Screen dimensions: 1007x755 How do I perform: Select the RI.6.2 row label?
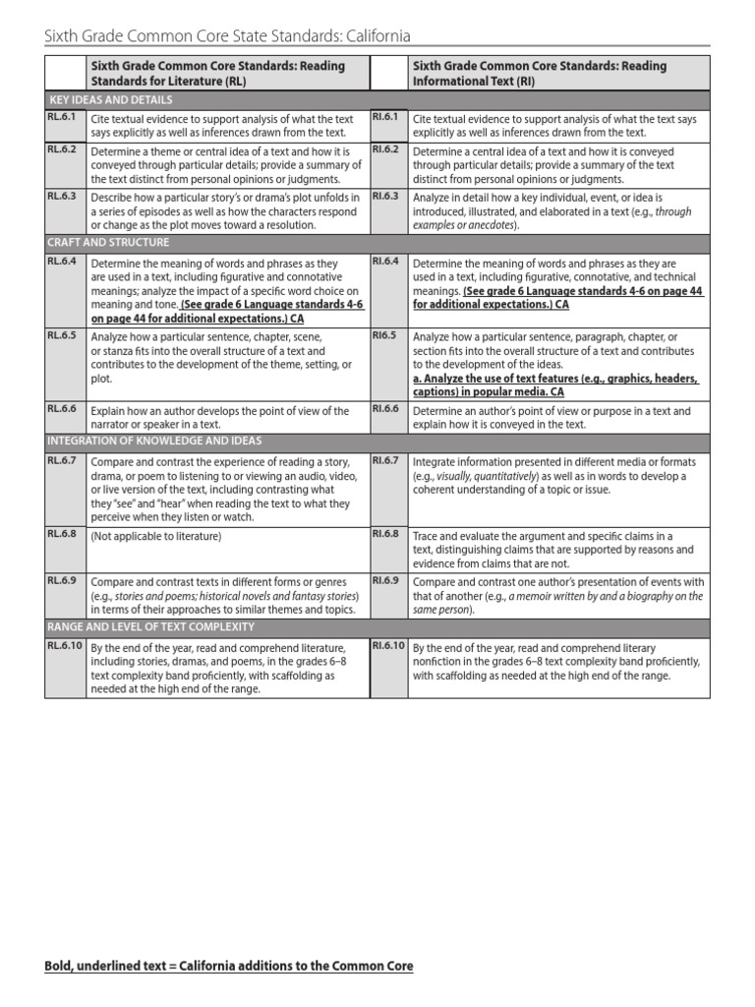click(384, 149)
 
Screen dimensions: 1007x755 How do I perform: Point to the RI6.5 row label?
click(383, 335)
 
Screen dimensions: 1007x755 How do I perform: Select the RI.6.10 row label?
click(387, 645)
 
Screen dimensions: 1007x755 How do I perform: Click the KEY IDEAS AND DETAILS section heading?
click(110, 100)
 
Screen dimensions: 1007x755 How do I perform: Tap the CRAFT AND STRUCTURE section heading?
click(109, 243)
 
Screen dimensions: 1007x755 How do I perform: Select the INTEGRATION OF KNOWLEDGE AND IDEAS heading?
click(155, 441)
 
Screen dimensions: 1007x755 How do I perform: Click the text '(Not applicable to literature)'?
click(156, 537)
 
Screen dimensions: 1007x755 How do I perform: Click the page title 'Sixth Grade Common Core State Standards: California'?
click(228, 36)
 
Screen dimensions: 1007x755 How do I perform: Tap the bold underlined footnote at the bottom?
click(229, 967)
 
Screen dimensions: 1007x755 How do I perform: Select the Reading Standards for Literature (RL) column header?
click(217, 74)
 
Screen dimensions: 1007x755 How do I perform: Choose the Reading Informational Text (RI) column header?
click(539, 74)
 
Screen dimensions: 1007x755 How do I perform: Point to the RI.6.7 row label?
click(384, 459)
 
